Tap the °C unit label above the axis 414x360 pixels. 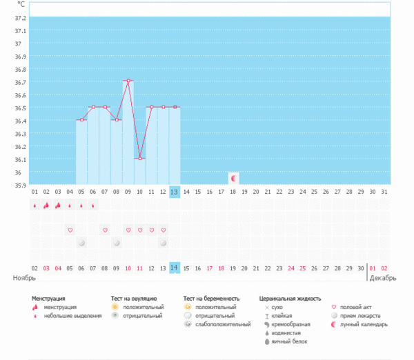21,6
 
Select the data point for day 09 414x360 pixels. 128,81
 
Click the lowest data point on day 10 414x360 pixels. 140,159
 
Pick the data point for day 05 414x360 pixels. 81,120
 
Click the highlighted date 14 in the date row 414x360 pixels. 175,267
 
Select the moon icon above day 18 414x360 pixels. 233,178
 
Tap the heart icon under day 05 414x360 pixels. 70,230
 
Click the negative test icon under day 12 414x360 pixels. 164,243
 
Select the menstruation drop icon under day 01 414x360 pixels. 34,205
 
